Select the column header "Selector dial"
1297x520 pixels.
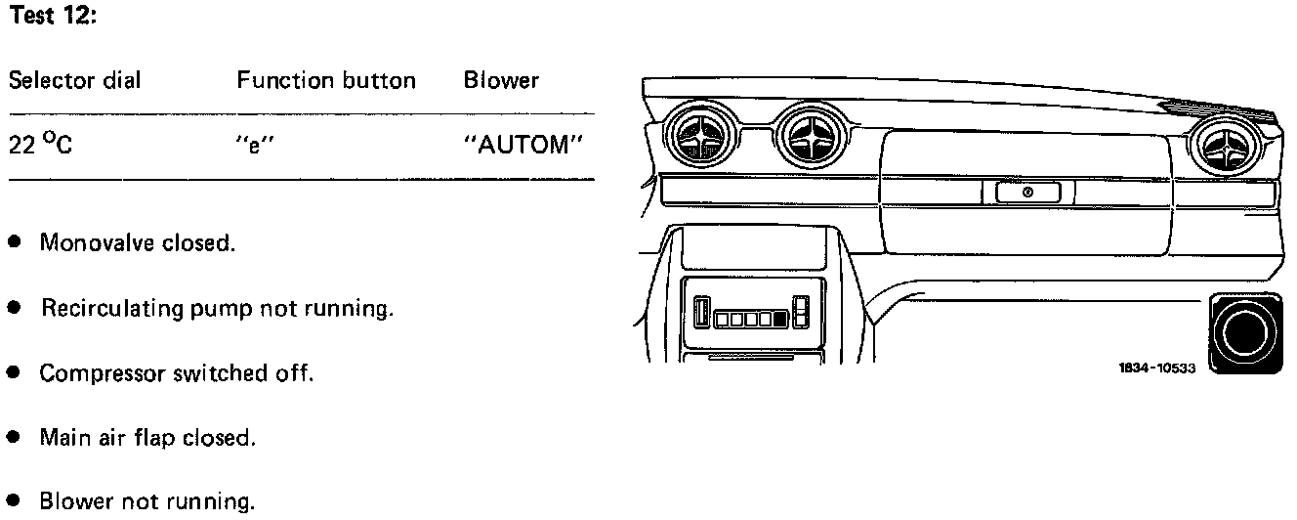[74, 80]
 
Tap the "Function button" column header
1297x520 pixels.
[326, 80]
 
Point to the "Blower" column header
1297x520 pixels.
[501, 80]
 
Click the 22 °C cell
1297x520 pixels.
[40, 146]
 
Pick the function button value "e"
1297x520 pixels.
[246, 146]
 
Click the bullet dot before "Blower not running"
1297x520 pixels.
[14, 503]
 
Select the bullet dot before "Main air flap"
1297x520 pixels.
[14, 439]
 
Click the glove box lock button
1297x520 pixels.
[1027, 193]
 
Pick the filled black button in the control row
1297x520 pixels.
[779, 318]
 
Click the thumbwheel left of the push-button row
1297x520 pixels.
[700, 314]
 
